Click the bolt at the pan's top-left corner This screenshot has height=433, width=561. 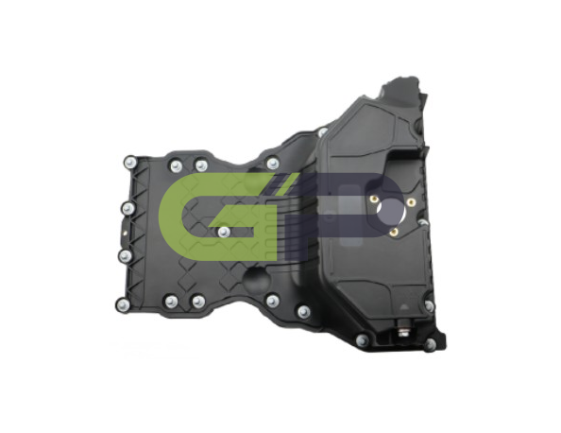click(x=130, y=163)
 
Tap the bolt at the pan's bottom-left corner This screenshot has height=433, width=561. click(x=123, y=304)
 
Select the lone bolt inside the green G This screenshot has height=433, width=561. click(x=224, y=233)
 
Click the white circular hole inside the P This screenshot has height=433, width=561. click(x=392, y=213)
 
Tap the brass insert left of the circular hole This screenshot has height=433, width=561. click(x=374, y=199)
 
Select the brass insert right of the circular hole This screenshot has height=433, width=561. click(x=411, y=202)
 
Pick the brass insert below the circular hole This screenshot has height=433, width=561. click(x=394, y=233)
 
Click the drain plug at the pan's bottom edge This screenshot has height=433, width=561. click(x=401, y=329)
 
